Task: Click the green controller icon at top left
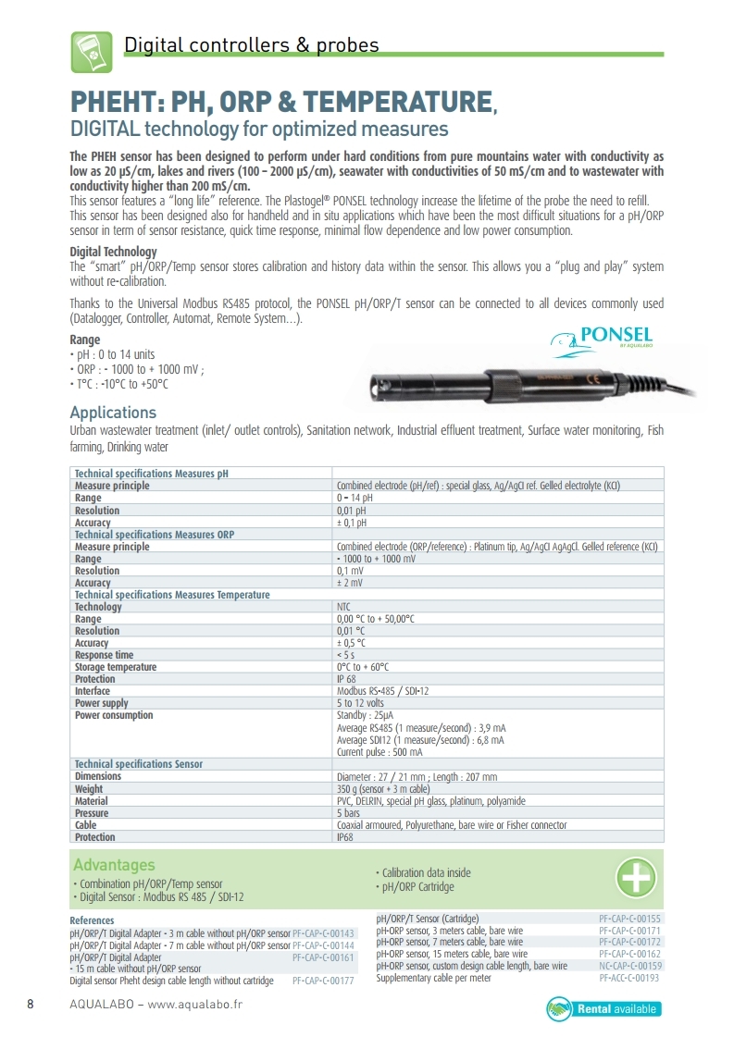point(92,52)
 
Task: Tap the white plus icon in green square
point(637,877)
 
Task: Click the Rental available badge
point(604,1007)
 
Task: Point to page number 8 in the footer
point(31,1005)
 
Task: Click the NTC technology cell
point(343,607)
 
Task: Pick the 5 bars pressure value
point(347,813)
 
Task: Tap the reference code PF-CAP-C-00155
point(629,919)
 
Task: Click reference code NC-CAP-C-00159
point(629,966)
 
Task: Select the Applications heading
point(113,413)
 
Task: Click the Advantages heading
point(114,865)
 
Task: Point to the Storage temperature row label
point(116,667)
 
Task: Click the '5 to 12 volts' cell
point(361,703)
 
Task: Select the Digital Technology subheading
point(113,252)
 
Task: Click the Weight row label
point(89,789)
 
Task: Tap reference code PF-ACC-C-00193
point(629,978)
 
